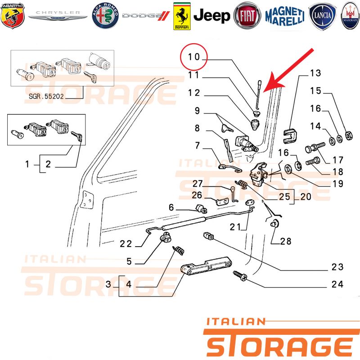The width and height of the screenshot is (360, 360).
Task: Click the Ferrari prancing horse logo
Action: point(182,16)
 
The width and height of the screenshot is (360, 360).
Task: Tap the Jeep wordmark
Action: point(211,16)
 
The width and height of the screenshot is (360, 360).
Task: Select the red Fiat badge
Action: point(247,16)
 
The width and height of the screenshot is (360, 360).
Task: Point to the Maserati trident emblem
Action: point(350,16)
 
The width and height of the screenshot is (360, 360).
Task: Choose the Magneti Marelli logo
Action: point(285,16)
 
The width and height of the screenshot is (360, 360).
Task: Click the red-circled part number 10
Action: point(194,57)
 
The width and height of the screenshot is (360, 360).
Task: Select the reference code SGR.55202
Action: point(46,96)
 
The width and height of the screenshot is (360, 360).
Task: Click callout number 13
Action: point(315,73)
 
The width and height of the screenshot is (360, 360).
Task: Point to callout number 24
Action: point(337,284)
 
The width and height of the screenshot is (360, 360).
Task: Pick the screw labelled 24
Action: point(240,276)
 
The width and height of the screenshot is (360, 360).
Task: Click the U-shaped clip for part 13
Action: point(290,136)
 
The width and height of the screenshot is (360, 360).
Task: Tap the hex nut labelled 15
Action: point(349,135)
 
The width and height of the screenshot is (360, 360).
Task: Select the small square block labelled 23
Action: point(208,235)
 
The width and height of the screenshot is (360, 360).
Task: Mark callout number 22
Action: point(126,243)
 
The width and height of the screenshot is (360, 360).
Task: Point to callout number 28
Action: point(286,241)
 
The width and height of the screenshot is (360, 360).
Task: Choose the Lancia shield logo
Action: point(322,16)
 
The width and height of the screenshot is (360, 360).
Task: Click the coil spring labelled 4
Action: point(178,250)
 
